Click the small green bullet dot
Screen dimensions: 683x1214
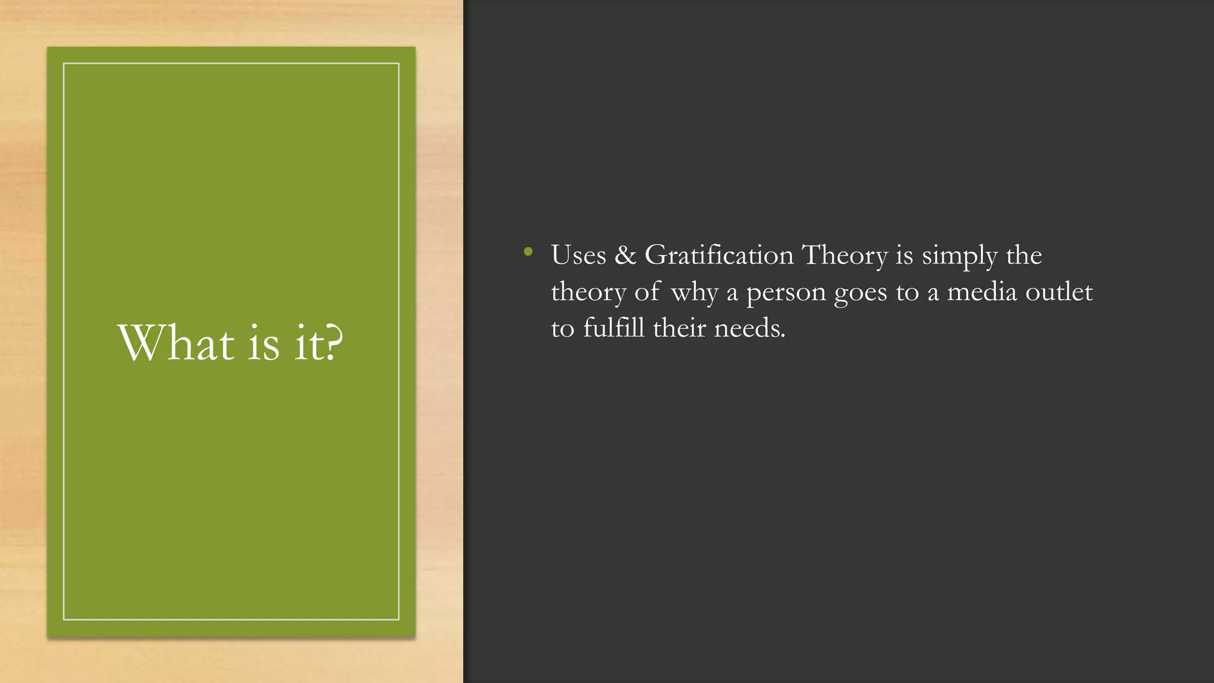528,252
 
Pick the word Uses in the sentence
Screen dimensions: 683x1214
579,256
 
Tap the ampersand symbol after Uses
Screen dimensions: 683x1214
625,256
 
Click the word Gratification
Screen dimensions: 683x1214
718,256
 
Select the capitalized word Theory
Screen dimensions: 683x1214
845,256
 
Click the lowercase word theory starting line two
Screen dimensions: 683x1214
588,292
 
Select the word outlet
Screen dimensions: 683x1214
1059,292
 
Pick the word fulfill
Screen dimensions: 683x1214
614,328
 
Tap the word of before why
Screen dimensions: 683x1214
647,292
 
